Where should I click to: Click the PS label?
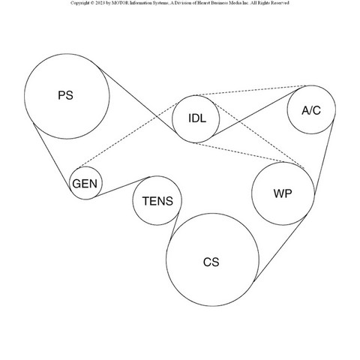click(x=65, y=95)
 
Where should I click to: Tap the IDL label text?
click(x=197, y=118)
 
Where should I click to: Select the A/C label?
click(x=311, y=110)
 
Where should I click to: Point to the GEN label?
click(x=85, y=184)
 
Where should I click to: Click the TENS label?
click(x=157, y=201)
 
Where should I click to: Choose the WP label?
click(x=283, y=193)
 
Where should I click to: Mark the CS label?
click(x=211, y=262)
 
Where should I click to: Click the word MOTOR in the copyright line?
click(x=120, y=3)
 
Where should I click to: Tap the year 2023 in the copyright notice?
click(x=100, y=3)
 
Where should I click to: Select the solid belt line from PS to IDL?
click(x=136, y=99)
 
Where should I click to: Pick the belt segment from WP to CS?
click(x=280, y=248)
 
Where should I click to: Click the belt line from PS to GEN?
click(x=52, y=156)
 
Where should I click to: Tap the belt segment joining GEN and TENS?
click(x=122, y=187)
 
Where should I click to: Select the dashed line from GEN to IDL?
click(x=128, y=135)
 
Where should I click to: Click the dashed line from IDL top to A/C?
click(x=250, y=91)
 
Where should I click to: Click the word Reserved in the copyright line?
click(x=280, y=3)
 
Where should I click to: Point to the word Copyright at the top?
click(x=79, y=3)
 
